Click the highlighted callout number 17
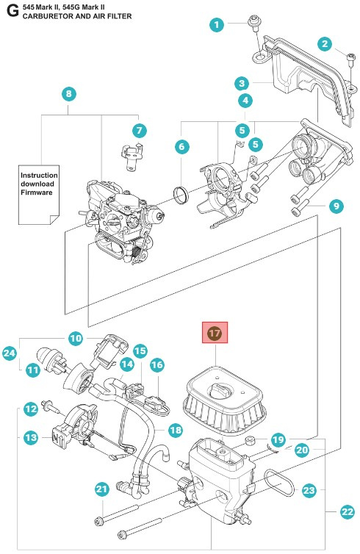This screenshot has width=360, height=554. (x=215, y=333)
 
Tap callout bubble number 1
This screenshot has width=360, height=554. (x=217, y=24)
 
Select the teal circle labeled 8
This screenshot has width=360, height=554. (x=68, y=93)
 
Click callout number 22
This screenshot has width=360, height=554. (x=347, y=511)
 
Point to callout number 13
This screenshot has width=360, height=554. (x=31, y=437)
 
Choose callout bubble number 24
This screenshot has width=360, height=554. (x=10, y=353)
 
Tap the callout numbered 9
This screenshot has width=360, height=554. (x=336, y=206)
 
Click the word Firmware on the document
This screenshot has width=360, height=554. (x=37, y=193)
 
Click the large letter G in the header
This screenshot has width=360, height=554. (x=12, y=11)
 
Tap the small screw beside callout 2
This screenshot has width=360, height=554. (x=350, y=60)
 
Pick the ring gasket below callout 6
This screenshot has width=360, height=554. (x=181, y=195)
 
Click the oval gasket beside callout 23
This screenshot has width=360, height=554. (x=279, y=482)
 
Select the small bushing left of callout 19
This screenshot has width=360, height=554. (x=251, y=442)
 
